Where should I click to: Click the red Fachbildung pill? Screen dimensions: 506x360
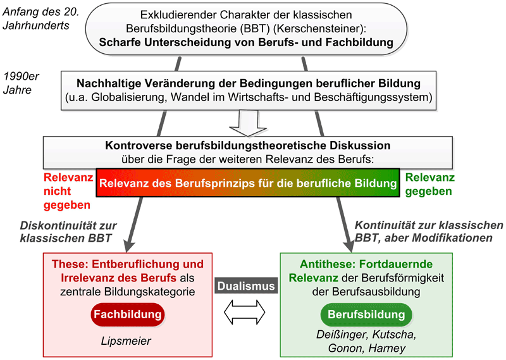point(128,314)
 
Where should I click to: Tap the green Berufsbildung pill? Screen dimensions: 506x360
point(366,314)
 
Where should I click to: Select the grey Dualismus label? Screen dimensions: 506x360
point(246,286)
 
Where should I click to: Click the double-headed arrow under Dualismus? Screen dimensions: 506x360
point(245,312)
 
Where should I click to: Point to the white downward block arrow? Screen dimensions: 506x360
point(248,123)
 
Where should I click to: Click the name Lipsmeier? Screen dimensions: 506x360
point(126,341)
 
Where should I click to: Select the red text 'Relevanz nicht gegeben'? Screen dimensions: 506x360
point(68,191)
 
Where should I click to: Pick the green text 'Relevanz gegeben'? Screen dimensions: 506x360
point(430,184)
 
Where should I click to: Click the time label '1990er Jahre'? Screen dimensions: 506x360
point(21,83)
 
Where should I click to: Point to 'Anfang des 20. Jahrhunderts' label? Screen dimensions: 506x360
point(41,18)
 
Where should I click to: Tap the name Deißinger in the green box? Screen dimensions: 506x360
point(342,335)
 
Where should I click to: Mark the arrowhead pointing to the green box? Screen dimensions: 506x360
point(350,245)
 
